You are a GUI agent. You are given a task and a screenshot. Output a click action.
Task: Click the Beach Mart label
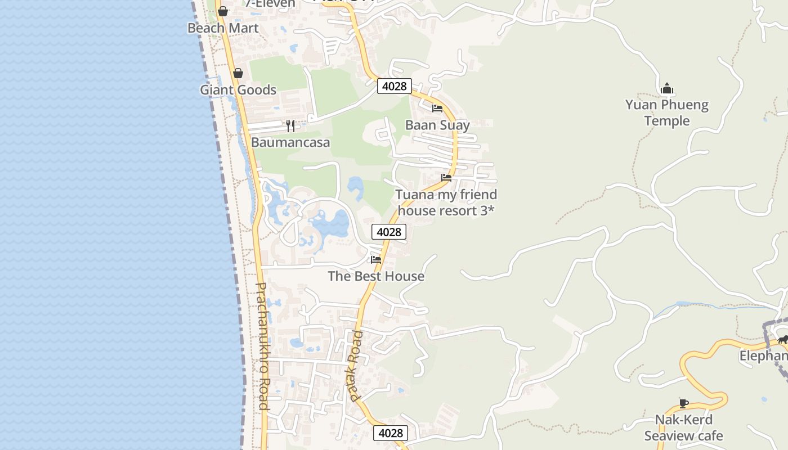[x=223, y=28]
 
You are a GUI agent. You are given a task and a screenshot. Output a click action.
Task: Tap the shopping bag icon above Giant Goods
[x=238, y=73]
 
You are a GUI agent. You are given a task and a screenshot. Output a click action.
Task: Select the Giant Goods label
[x=238, y=90]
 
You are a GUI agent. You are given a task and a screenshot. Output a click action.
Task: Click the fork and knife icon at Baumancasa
[x=290, y=125]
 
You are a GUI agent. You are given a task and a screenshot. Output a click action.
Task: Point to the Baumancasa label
[x=290, y=142]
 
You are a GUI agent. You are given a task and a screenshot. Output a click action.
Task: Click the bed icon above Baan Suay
[x=437, y=109]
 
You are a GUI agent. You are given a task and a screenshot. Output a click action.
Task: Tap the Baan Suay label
[x=437, y=125]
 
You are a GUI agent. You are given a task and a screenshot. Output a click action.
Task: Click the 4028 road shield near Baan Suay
[x=394, y=86]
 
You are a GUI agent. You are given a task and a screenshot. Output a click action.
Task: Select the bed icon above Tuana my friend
[x=446, y=178]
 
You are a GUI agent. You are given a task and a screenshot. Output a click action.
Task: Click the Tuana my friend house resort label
[x=446, y=202]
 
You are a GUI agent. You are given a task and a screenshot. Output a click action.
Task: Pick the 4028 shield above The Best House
[x=389, y=232]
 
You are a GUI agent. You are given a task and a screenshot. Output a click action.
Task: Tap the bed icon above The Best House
[x=376, y=259]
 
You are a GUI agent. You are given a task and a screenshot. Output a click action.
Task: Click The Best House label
[x=376, y=276]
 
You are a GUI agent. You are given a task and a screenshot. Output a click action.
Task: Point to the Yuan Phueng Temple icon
[x=667, y=88]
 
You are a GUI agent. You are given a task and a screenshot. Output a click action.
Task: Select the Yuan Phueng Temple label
[x=667, y=112]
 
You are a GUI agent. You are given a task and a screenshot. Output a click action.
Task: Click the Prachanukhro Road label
[x=262, y=345]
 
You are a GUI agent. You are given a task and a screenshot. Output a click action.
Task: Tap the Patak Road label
[x=356, y=366]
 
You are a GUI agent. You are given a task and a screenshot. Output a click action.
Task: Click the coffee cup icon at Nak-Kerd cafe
[x=683, y=403]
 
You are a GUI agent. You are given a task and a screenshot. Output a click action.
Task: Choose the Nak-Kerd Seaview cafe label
[x=683, y=427]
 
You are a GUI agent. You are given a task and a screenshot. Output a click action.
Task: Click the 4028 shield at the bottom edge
[x=391, y=433]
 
